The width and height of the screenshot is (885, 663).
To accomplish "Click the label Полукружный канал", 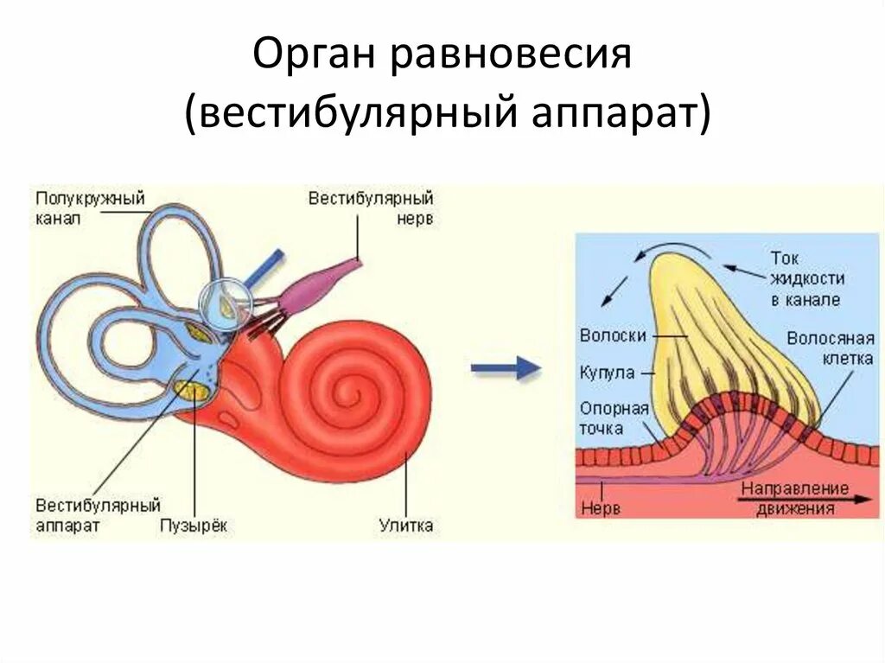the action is tap(90, 208).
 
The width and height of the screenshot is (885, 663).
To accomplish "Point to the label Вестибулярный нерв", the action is tap(371, 208).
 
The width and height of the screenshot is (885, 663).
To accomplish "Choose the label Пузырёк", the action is tap(194, 525).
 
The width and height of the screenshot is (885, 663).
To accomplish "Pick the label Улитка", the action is tap(406, 525).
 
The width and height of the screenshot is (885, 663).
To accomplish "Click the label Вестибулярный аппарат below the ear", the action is tap(99, 513).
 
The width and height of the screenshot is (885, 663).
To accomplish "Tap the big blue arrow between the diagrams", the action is tap(506, 369).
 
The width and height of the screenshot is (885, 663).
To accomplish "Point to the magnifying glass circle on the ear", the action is tap(226, 304).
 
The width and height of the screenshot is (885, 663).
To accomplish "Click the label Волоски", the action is tap(612, 335).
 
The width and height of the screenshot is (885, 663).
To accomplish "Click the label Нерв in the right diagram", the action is tap(601, 508).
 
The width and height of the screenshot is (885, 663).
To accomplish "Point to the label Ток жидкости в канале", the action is tap(805, 278).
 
